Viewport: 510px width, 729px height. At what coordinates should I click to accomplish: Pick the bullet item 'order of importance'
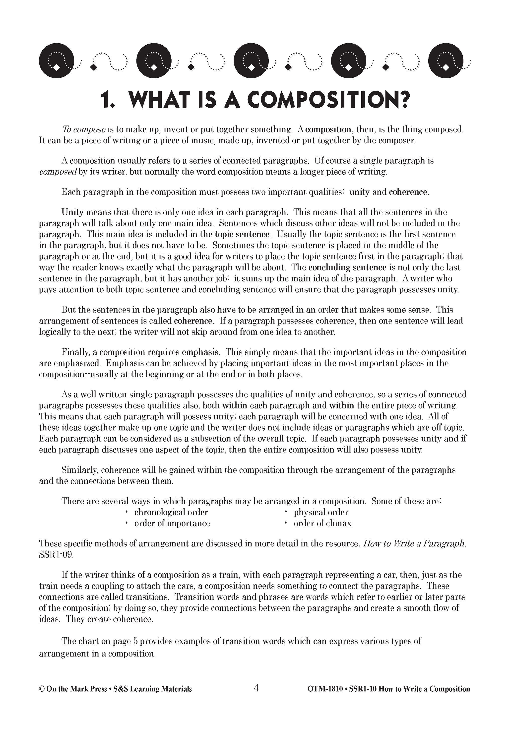point(172,524)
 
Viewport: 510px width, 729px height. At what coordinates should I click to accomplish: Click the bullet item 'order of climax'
point(322,524)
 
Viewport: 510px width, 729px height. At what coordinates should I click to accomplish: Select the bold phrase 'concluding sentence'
point(347,268)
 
